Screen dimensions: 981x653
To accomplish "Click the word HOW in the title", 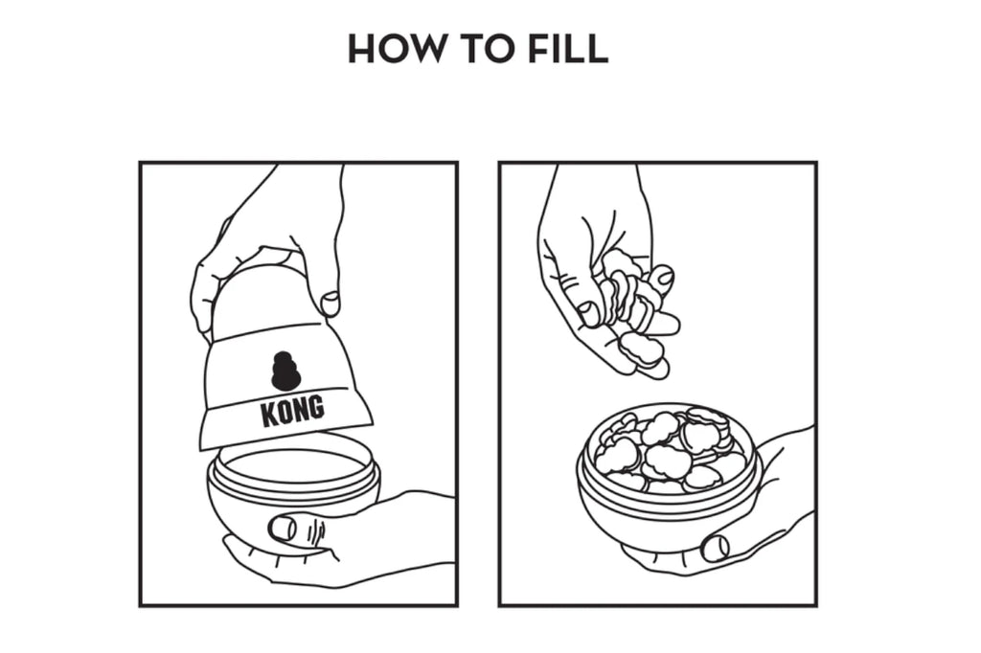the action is [x=394, y=48].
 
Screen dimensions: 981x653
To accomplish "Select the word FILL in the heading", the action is [x=567, y=48].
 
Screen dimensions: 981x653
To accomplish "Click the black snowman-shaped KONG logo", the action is [x=285, y=369].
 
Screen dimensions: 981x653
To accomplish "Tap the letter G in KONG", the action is [x=316, y=407].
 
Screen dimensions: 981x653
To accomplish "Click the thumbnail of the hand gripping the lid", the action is [x=330, y=304].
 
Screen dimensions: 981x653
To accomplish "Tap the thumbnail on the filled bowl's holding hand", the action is [x=715, y=548].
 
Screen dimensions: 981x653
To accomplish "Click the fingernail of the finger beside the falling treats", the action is [x=663, y=275].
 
